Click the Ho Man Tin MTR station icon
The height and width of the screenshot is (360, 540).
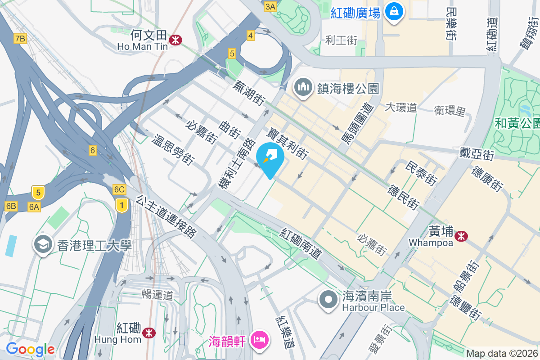click(x=175, y=40)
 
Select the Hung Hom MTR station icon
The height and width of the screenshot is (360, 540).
click(x=147, y=333)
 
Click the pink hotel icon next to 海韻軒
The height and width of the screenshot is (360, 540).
click(x=260, y=339)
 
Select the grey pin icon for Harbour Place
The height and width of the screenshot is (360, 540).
click(x=328, y=300)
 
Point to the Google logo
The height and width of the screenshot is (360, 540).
click(x=30, y=349)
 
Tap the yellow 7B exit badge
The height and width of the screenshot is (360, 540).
click(x=20, y=38)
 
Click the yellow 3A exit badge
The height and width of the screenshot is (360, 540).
click(x=270, y=6)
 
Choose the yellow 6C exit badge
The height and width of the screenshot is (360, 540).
click(x=119, y=189)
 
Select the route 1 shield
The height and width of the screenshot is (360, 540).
click(x=120, y=205)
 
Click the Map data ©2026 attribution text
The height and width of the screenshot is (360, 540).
click(x=502, y=353)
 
